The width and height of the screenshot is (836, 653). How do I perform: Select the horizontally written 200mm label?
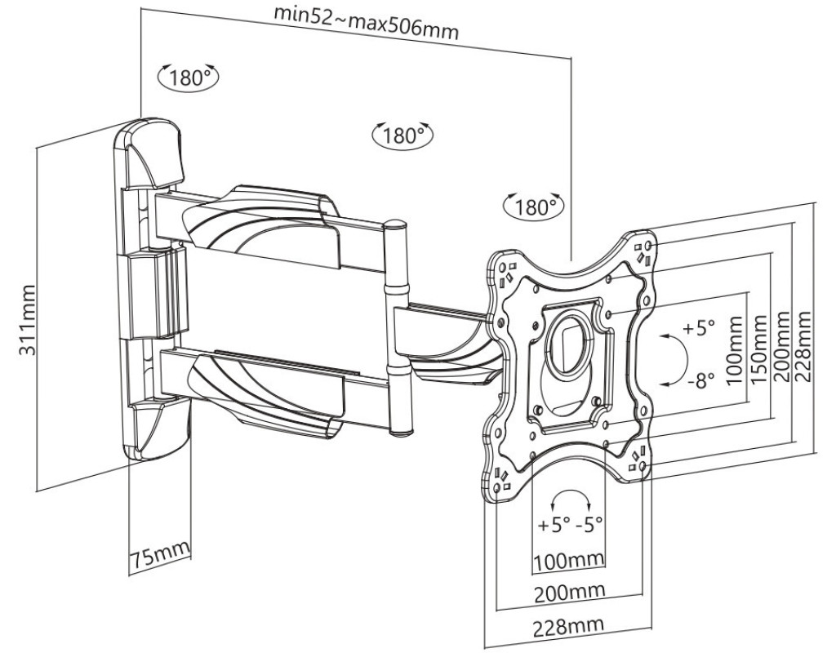coord(570,591)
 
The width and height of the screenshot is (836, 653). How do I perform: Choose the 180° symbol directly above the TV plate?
coord(534,207)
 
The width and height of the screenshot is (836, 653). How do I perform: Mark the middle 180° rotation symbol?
coord(402,135)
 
